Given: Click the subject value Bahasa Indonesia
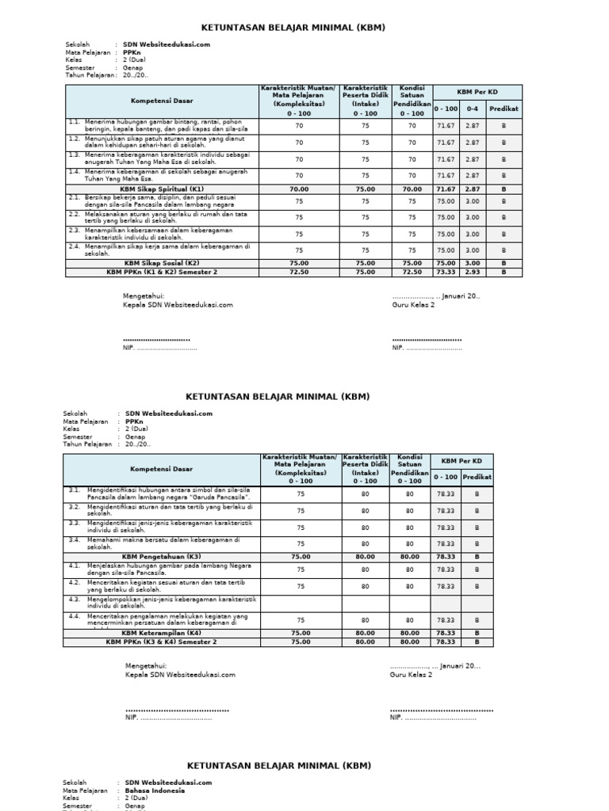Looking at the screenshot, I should (155, 790).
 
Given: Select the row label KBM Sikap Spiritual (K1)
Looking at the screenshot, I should (161, 189).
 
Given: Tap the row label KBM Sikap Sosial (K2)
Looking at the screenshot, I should (161, 263).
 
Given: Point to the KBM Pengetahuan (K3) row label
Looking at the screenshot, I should (161, 557).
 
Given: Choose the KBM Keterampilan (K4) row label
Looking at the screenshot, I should (161, 633).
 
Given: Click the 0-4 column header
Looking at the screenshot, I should (473, 108).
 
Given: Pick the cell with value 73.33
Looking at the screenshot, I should (446, 272).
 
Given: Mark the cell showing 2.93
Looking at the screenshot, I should (473, 272).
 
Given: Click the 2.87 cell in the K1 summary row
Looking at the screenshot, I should (473, 189).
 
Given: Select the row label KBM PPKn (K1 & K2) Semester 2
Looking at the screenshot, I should (161, 272).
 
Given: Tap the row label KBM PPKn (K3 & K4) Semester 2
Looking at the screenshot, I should (161, 642).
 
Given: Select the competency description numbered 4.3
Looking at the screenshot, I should (169, 603).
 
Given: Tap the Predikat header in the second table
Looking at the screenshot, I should (477, 477).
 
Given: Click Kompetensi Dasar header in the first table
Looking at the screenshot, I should (161, 101).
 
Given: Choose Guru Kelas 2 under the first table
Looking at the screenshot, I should (413, 304).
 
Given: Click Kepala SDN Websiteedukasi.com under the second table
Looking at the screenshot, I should (180, 675).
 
